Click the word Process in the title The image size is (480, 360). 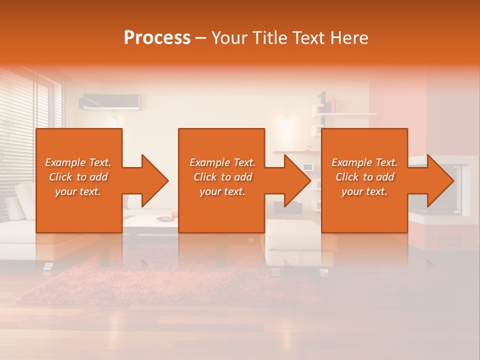tap(157, 37)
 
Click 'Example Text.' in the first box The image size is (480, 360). tap(78, 162)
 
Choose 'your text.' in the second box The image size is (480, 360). tap(222, 191)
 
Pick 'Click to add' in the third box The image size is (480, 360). tap(364, 177)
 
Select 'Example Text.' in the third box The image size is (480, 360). tap(364, 162)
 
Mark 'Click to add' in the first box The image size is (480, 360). tap(78, 177)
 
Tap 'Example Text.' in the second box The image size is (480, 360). tap(222, 162)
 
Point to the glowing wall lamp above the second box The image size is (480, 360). tap(286, 121)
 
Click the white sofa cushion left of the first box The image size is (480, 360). tap(22, 200)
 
